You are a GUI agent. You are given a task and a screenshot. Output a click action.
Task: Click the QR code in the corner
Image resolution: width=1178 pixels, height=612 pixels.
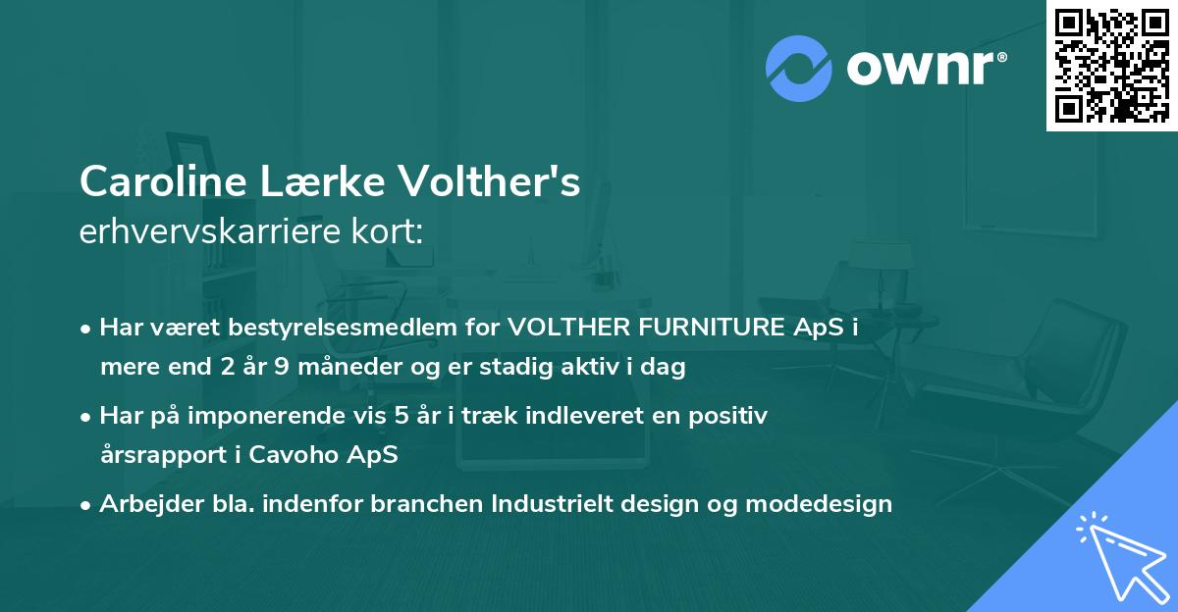[1112, 66]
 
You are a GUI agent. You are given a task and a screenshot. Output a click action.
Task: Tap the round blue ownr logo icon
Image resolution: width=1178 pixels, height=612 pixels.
[798, 68]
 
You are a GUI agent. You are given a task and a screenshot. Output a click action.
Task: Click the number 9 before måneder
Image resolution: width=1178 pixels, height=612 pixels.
[288, 368]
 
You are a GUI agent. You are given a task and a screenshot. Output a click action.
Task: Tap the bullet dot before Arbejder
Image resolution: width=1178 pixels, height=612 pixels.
[86, 505]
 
